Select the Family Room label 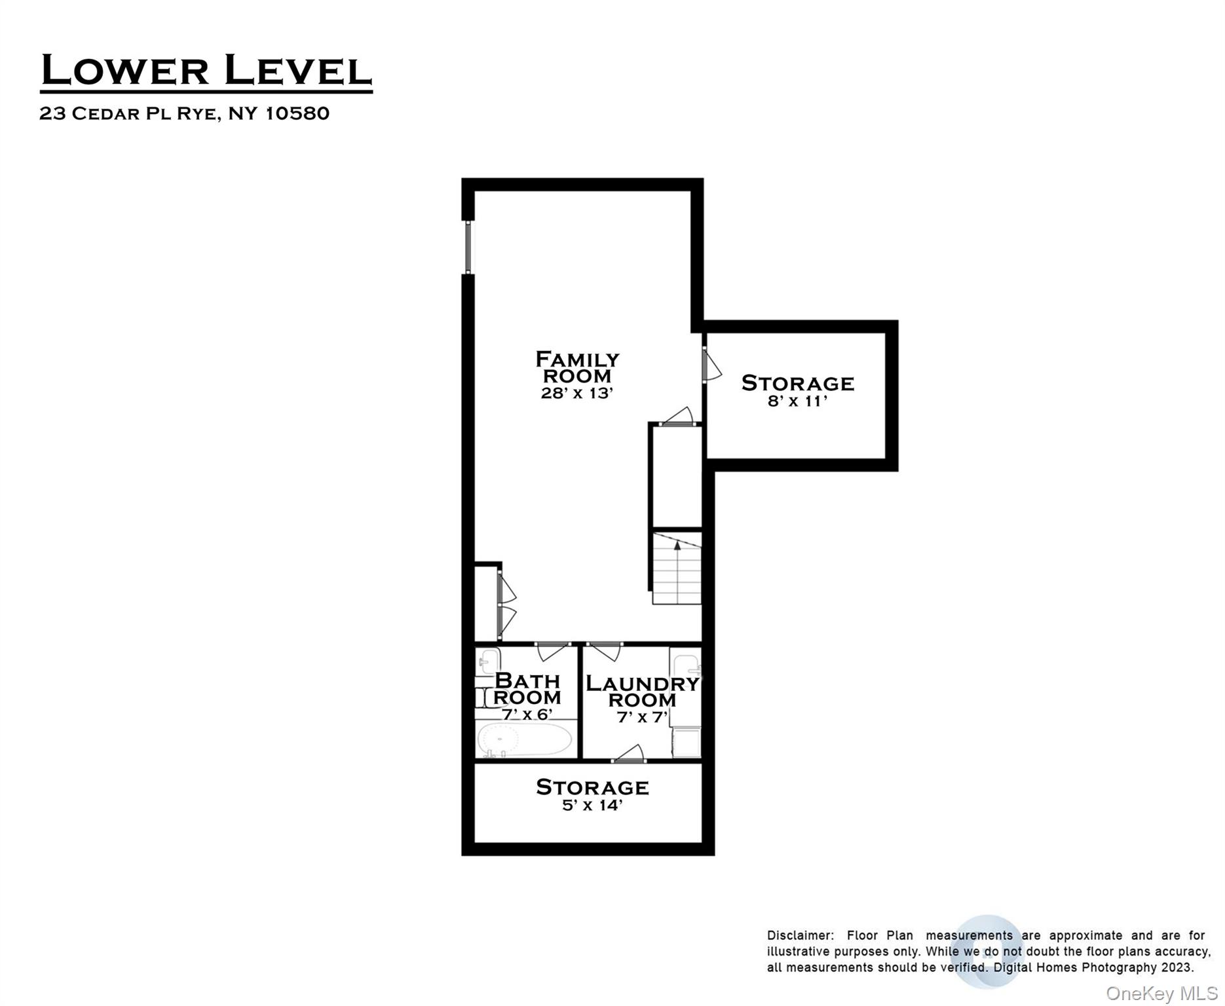pyautogui.click(x=576, y=367)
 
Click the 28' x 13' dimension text pyautogui.click(x=576, y=393)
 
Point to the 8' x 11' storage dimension pyautogui.click(x=797, y=401)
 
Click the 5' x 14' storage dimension pyautogui.click(x=592, y=805)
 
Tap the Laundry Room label pyautogui.click(x=642, y=692)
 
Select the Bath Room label pyautogui.click(x=527, y=689)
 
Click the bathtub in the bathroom pyautogui.click(x=524, y=740)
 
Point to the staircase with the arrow pyautogui.click(x=677, y=568)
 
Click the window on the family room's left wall pyautogui.click(x=468, y=247)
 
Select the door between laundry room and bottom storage pyautogui.click(x=630, y=754)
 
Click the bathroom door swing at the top pyautogui.click(x=552, y=651)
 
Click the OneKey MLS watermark pyautogui.click(x=1161, y=994)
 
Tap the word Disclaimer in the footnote pyautogui.click(x=800, y=935)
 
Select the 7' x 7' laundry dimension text pyautogui.click(x=642, y=717)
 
